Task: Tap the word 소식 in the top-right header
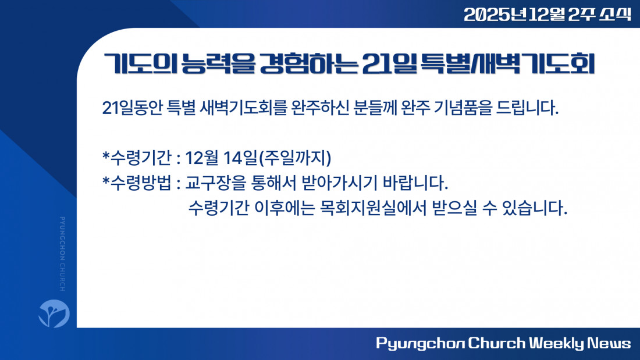click(x=615, y=15)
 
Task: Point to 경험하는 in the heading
click(x=309, y=64)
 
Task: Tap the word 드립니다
click(x=527, y=108)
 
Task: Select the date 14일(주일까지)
click(x=277, y=158)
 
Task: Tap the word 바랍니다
click(x=415, y=183)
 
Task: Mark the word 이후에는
click(x=285, y=208)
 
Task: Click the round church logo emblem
click(x=54, y=313)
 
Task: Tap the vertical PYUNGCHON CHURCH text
click(x=62, y=254)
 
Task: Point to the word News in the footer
click(x=609, y=343)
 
